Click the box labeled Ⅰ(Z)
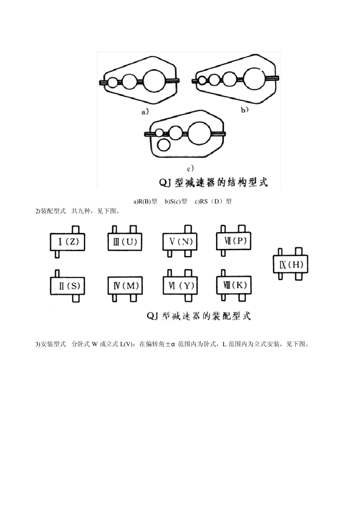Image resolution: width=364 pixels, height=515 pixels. coord(67,242)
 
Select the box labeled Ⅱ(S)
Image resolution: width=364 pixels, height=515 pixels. coord(67,286)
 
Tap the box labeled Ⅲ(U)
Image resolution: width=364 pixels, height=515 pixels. coord(123,242)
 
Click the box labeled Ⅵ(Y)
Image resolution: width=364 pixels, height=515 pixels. coord(180,286)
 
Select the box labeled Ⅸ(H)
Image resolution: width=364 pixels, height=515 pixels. coord(290,264)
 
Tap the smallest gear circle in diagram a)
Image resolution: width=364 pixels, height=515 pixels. coord(113,82)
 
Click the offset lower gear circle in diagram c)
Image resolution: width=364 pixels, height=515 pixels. coord(164,145)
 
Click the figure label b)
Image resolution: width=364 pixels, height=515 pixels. coord(244,110)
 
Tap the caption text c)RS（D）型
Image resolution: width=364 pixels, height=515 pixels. coord(213,202)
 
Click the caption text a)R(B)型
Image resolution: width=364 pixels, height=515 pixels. coord(145,202)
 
